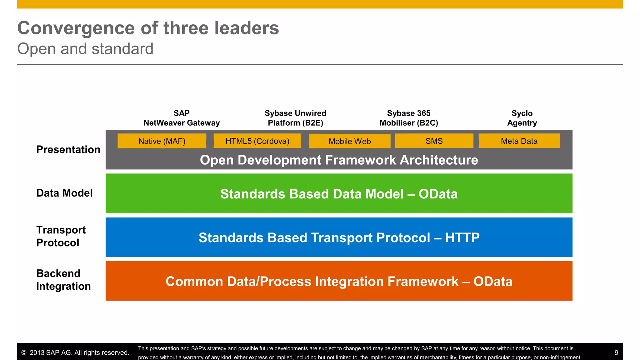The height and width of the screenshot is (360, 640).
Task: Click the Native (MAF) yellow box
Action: click(162, 141)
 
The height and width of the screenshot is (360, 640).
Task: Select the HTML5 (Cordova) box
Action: click(257, 141)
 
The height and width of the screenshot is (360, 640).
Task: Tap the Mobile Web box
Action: click(350, 141)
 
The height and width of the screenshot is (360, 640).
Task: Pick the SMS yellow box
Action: click(434, 141)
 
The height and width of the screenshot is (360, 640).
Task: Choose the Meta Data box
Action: click(519, 141)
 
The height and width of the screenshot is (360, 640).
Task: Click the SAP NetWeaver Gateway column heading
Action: click(182, 118)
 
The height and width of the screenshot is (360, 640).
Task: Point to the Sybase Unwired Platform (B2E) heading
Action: click(295, 118)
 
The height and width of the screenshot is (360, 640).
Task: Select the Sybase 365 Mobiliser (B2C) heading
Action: click(409, 118)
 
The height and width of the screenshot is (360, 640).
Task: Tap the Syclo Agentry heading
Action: click(522, 118)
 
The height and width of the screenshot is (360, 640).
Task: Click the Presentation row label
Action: click(68, 150)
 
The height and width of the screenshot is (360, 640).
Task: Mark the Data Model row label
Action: click(64, 193)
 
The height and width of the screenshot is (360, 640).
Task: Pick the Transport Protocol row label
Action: click(61, 236)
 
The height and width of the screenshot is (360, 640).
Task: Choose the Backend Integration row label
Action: click(63, 280)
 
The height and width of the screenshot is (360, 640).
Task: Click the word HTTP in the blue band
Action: click(462, 238)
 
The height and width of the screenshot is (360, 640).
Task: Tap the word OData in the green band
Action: click(438, 194)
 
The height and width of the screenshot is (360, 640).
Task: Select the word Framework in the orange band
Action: click(423, 282)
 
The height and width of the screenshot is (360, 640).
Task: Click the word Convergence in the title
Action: click(76, 28)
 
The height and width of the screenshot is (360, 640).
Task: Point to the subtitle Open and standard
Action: click(85, 49)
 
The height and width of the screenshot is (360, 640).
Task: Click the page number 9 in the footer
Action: click(616, 353)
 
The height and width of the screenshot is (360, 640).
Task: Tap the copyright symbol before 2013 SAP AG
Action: click(24, 353)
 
